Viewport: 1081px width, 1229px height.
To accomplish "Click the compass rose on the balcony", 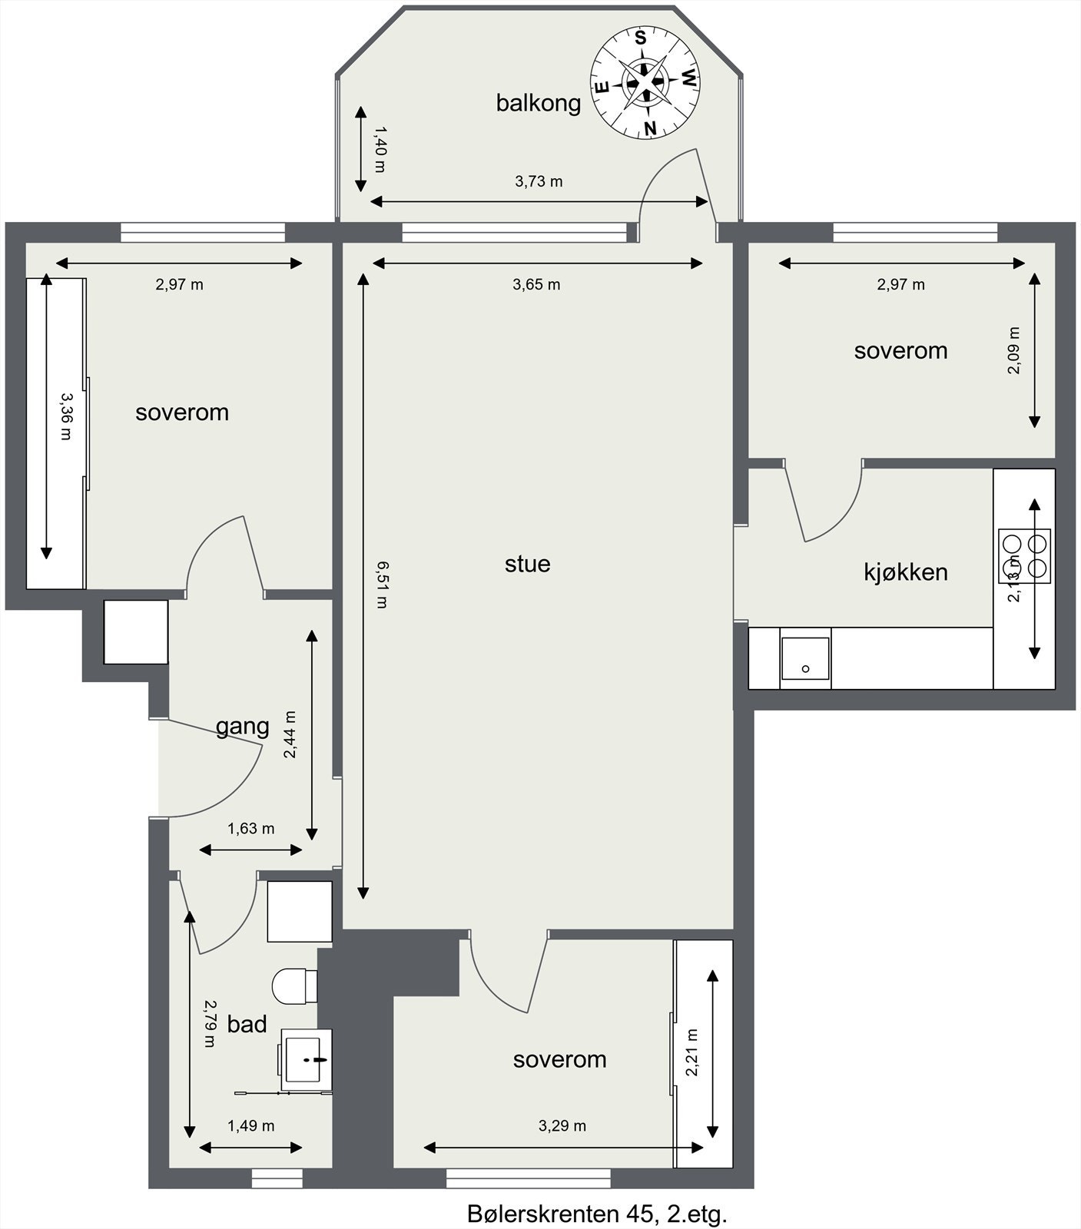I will pyautogui.click(x=645, y=84).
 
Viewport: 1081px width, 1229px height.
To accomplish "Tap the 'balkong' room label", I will pyautogui.click(x=538, y=103).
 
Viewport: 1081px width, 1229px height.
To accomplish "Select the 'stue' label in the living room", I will pyautogui.click(x=527, y=564).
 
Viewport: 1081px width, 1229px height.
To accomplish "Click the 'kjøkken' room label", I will pyautogui.click(x=905, y=572).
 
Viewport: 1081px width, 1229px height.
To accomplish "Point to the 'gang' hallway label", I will pyautogui.click(x=242, y=726).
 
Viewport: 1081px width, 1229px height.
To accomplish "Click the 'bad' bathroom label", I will pyautogui.click(x=247, y=1024).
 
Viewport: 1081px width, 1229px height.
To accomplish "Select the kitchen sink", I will pyautogui.click(x=805, y=658).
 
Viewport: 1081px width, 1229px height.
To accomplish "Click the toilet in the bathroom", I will pyautogui.click(x=294, y=986).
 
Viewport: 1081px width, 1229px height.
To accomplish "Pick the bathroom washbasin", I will pyautogui.click(x=307, y=1058).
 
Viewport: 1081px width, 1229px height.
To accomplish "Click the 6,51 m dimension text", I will pyautogui.click(x=382, y=585).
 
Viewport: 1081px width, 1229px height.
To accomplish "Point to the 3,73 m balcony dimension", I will pyautogui.click(x=538, y=182).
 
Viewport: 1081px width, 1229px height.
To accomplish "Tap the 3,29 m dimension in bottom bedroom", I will pyautogui.click(x=562, y=1126).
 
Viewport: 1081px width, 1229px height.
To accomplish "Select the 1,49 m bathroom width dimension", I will pyautogui.click(x=250, y=1126).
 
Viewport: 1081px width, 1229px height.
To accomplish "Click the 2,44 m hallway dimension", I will pyautogui.click(x=290, y=735).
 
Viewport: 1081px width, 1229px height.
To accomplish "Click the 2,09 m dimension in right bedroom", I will pyautogui.click(x=1014, y=350).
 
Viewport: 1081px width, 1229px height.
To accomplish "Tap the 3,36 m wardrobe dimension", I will pyautogui.click(x=66, y=416).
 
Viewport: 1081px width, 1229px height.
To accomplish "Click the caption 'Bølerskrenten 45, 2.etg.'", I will pyautogui.click(x=596, y=1214).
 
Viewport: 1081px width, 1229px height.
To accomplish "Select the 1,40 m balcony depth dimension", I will pyautogui.click(x=379, y=150).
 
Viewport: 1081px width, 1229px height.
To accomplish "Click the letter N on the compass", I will pyautogui.click(x=650, y=128).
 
